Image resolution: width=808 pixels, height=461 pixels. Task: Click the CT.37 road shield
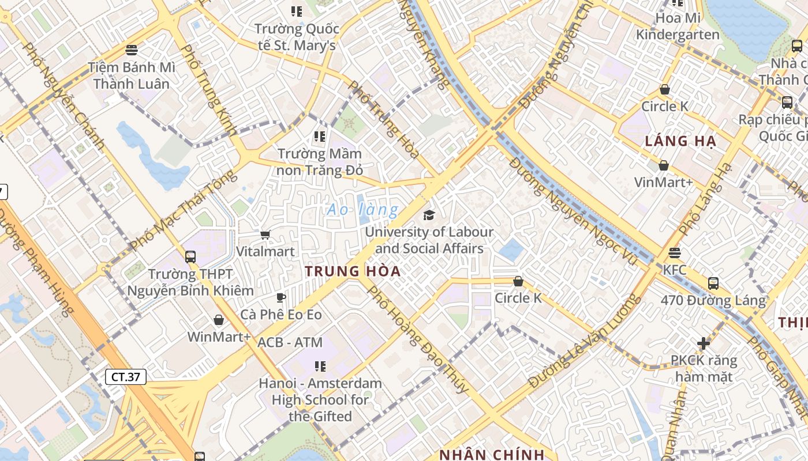point(126,377)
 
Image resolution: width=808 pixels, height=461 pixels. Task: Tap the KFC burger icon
point(674,252)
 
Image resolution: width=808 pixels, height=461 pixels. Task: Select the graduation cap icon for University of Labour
point(429,215)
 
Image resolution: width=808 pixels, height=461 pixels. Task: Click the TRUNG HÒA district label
point(353,271)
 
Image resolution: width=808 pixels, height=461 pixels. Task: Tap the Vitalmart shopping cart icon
point(265,235)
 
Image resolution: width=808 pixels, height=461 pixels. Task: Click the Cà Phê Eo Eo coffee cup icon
point(280,297)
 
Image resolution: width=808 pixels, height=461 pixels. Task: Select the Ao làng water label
point(362,210)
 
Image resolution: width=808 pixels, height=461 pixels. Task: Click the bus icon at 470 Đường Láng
point(713,283)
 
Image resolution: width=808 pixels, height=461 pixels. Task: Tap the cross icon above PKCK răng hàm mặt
point(703,343)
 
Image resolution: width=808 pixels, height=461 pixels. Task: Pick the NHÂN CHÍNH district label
point(492,454)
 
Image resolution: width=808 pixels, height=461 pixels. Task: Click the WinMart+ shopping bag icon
point(219,319)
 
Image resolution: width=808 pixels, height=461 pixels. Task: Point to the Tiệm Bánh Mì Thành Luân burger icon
point(132,50)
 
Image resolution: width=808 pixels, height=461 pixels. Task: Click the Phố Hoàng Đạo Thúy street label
point(418,340)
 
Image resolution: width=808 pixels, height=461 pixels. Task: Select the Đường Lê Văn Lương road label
point(584,341)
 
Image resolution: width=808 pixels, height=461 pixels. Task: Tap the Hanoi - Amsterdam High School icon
point(320,366)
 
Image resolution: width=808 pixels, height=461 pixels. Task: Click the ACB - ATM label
point(290,342)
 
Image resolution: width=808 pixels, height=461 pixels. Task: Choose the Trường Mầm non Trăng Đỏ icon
point(319,137)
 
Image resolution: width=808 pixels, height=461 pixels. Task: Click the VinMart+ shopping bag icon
point(664,165)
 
